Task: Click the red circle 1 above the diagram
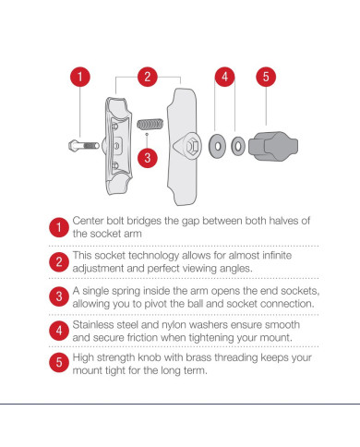tap(80, 77)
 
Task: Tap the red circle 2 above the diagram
tap(148, 77)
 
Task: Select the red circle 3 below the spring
tap(148, 158)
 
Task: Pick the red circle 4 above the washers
tap(224, 77)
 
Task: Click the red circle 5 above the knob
tap(266, 77)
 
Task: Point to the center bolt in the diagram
tap(84, 145)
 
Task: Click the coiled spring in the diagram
tap(150, 124)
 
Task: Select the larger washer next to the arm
tap(217, 146)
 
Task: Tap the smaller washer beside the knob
tap(238, 146)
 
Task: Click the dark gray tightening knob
tap(273, 146)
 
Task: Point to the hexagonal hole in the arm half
tap(192, 146)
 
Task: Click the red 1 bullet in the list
tap(59, 227)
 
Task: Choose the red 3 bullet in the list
tap(59, 296)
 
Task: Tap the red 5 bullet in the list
tap(59, 362)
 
